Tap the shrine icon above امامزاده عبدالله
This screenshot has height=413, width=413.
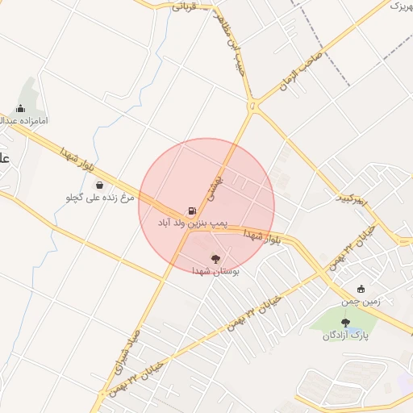click(x=20, y=108)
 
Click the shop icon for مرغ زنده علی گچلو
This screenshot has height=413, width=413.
click(x=99, y=185)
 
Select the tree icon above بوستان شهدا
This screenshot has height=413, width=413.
click(x=215, y=258)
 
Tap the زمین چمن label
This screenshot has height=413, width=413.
click(x=359, y=302)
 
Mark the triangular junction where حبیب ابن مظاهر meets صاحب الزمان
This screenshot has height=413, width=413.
click(x=253, y=106)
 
